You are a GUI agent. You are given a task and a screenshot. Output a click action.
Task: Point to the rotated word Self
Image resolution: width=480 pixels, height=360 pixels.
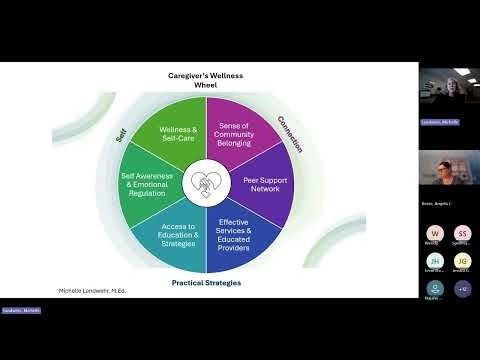[x=120, y=132]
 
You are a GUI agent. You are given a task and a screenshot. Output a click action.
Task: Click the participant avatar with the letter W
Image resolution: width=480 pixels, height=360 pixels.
[x=432, y=233]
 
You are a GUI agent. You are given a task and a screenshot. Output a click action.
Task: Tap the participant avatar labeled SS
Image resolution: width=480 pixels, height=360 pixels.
[x=462, y=233]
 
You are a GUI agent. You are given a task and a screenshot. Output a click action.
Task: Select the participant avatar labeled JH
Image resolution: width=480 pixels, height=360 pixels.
[x=432, y=261]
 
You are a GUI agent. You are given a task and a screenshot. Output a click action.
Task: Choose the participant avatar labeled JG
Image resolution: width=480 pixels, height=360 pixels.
[x=462, y=261]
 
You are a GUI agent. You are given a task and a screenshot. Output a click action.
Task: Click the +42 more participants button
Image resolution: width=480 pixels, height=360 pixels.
[x=462, y=289]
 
